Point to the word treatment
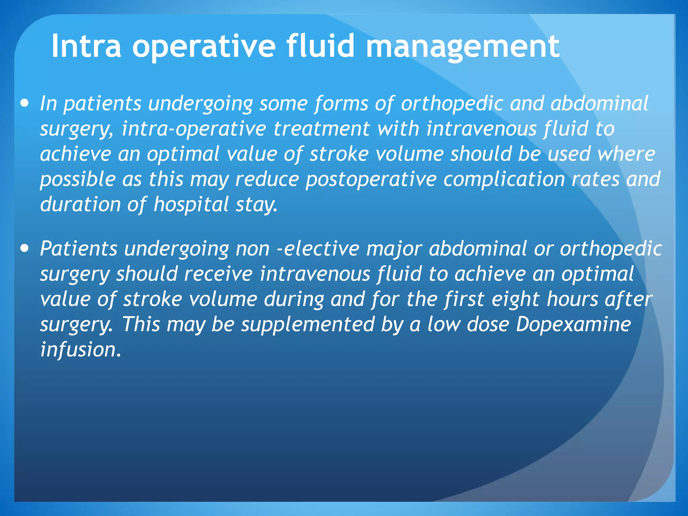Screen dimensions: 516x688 point(322,129)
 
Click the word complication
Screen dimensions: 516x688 point(504,179)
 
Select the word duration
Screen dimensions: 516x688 point(80,205)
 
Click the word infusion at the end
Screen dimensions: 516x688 point(80,350)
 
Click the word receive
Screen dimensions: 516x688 point(218,274)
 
